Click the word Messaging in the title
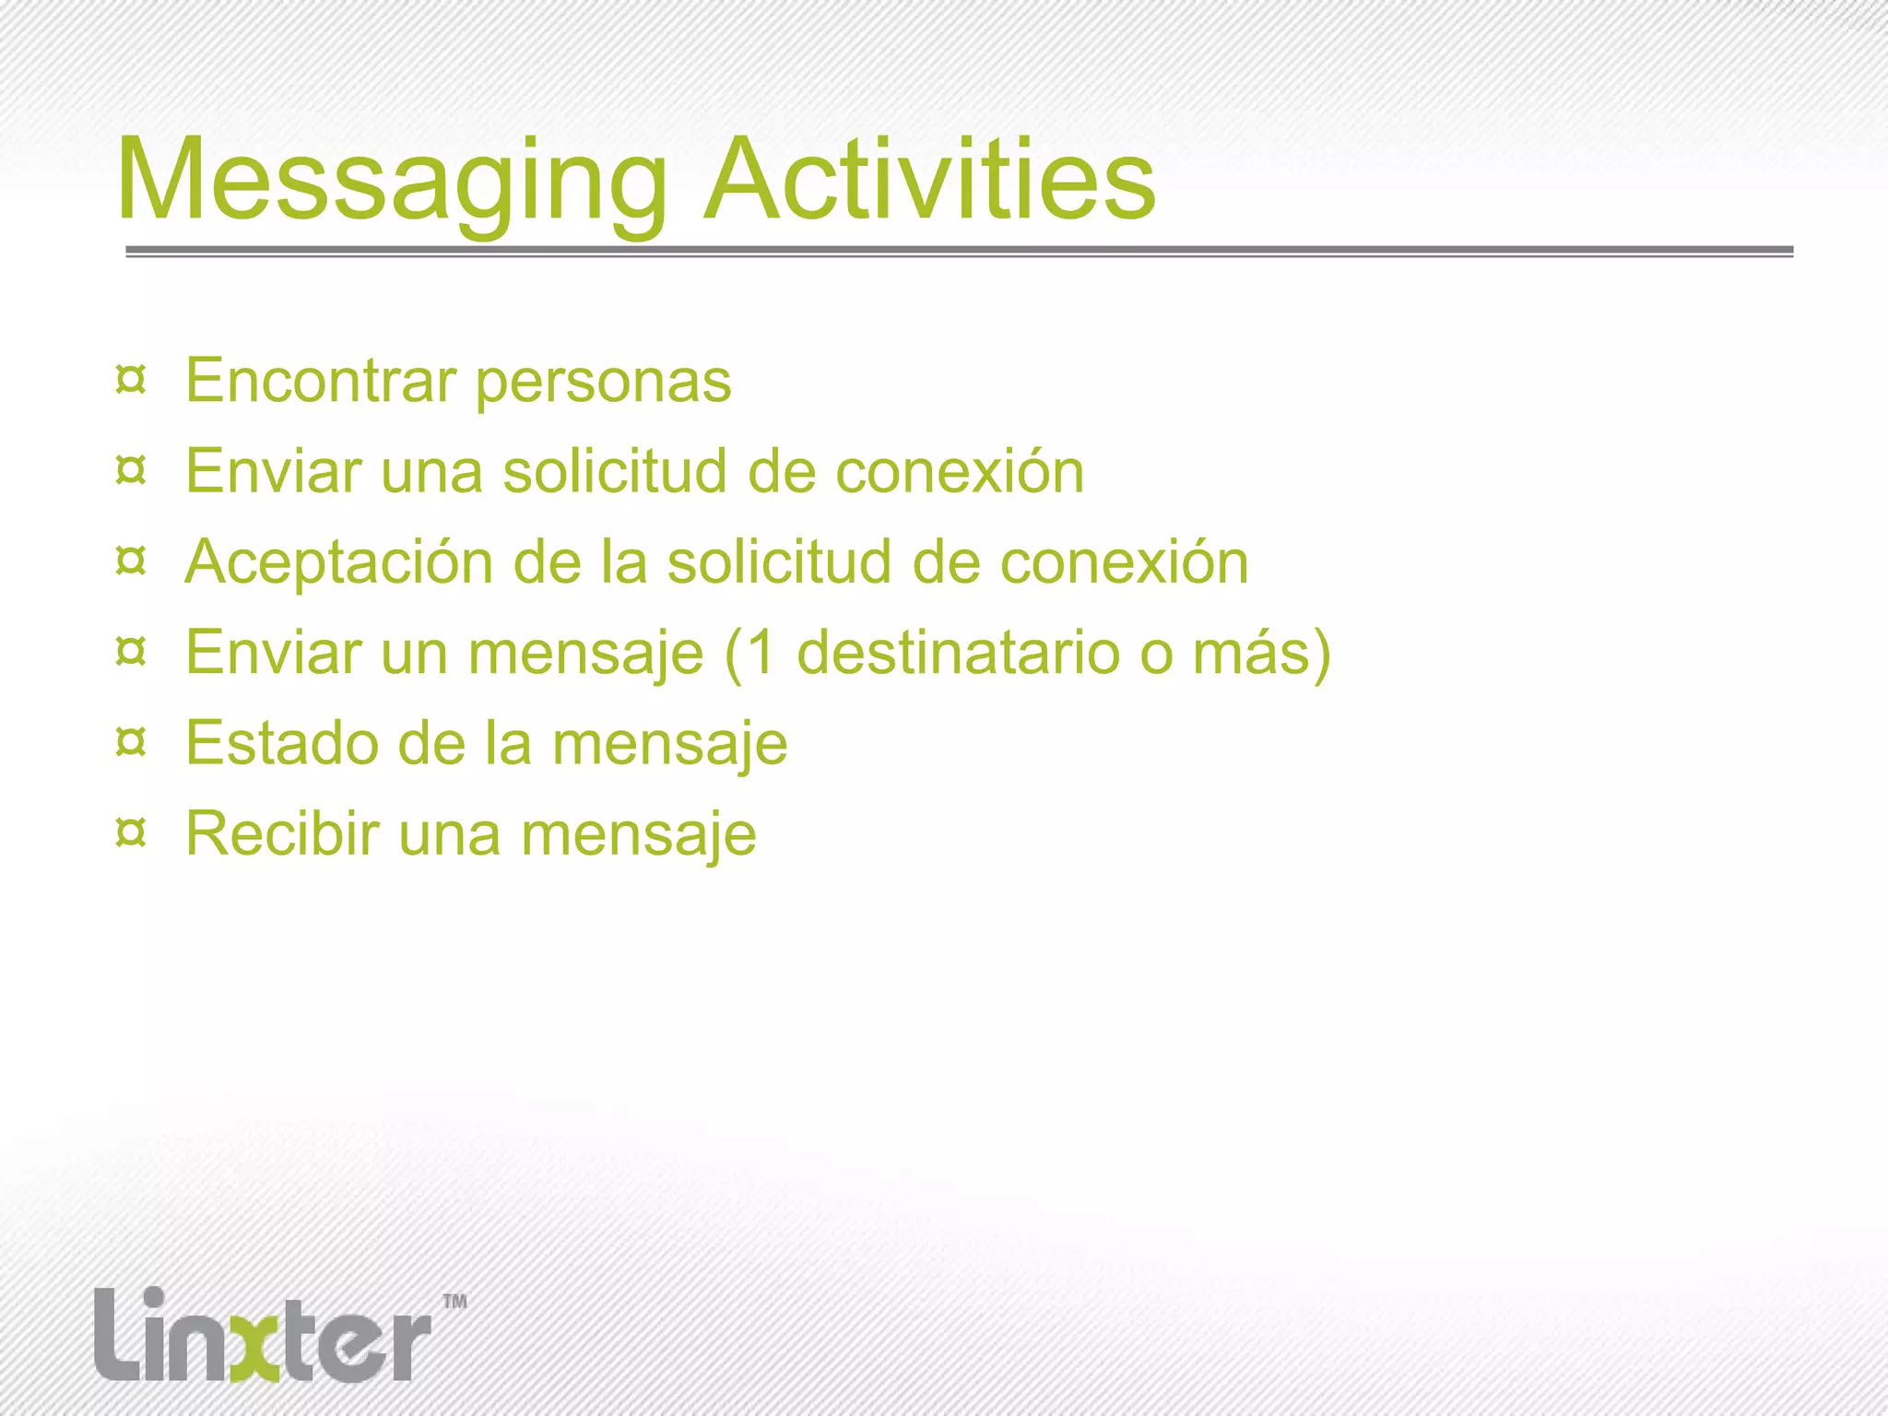(392, 180)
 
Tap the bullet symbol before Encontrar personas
(131, 380)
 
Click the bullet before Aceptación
(131, 560)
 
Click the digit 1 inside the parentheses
(761, 652)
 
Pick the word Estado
(280, 742)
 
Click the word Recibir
(282, 832)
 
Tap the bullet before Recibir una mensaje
(131, 832)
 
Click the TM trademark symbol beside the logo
(455, 1302)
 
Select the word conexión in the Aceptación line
(1125, 561)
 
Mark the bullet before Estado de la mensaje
(131, 742)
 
